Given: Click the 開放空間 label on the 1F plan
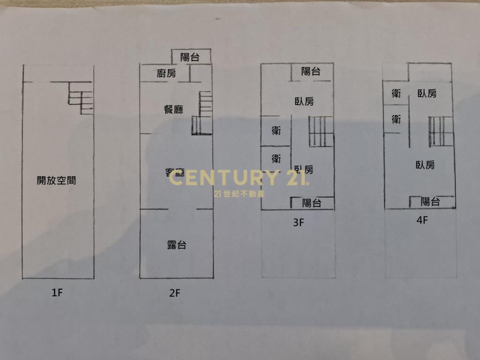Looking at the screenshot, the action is [56, 180].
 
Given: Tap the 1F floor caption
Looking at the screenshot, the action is [57, 293].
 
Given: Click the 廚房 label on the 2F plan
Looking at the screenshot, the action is [166, 73].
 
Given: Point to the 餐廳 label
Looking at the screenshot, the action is [173, 110].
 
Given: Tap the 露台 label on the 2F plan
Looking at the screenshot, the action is [177, 245].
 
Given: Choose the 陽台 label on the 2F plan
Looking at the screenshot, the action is [190, 57].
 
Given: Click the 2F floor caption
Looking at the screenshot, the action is [175, 294].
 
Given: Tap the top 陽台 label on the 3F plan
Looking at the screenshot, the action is [311, 71].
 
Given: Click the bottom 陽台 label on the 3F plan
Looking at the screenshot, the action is [312, 203].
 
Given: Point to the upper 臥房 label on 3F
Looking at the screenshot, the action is [304, 101].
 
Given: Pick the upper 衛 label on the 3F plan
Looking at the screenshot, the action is [276, 131].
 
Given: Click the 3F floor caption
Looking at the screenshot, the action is [299, 223].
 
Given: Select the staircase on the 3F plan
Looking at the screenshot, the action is [321, 132].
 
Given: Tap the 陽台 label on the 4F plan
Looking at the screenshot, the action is [430, 202].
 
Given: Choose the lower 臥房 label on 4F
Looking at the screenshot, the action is [425, 165].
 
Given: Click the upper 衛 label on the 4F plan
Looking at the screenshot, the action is [396, 94].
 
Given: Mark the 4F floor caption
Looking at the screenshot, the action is [422, 220].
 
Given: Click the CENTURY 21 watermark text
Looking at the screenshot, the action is [239, 178].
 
